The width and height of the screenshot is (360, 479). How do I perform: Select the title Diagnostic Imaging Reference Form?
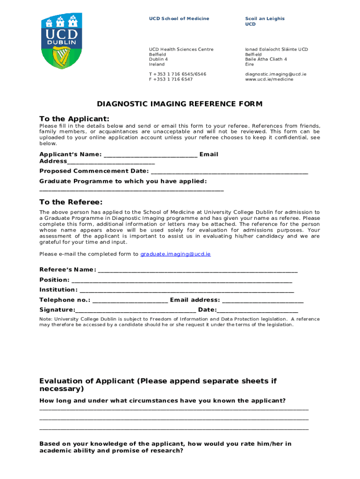coord(180,104)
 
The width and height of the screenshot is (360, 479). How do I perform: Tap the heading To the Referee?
coord(71,202)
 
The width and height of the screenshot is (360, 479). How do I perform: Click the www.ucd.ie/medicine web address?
coord(269,80)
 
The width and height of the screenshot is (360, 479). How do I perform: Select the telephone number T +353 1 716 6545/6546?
coord(178,74)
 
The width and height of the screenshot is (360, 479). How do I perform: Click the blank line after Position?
coord(182,281)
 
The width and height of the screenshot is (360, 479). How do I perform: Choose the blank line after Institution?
coord(187,290)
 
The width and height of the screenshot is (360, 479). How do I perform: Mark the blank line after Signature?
coord(136,311)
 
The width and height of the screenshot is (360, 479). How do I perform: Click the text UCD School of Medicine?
coord(179,19)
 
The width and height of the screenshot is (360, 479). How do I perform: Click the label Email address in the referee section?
coord(195,300)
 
